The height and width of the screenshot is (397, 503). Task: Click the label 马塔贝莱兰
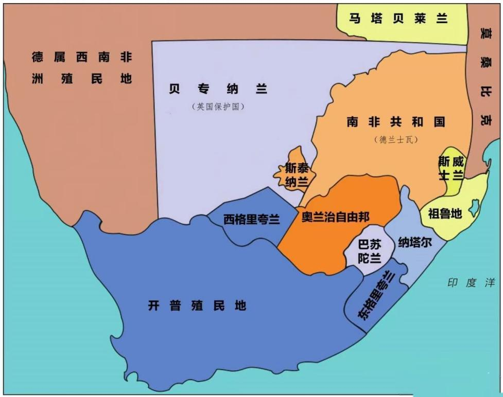click(x=398, y=19)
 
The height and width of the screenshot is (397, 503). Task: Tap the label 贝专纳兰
click(x=218, y=89)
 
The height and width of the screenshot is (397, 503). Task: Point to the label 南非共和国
click(x=395, y=122)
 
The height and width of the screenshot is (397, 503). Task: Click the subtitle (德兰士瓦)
click(x=396, y=139)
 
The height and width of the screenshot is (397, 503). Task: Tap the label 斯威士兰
click(x=451, y=168)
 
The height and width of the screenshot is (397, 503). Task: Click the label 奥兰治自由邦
click(x=336, y=216)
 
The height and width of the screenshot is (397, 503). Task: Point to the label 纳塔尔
click(x=414, y=242)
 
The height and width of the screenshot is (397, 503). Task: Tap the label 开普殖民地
click(x=197, y=306)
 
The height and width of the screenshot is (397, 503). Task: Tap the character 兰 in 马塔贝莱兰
click(x=441, y=19)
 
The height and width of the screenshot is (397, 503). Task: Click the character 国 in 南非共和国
click(x=439, y=122)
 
